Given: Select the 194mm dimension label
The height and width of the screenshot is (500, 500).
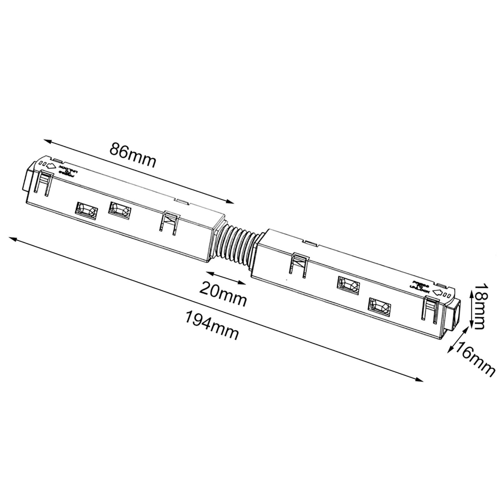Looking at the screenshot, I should tap(212, 325).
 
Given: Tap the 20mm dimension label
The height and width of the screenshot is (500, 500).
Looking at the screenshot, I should tap(223, 293).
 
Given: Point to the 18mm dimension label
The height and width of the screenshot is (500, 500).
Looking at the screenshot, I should tap(479, 306).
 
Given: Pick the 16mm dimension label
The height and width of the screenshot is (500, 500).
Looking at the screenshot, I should tap(475, 359).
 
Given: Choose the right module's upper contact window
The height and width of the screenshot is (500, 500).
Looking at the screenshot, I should tap(348, 285).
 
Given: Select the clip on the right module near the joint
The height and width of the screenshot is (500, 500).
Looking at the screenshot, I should tap(299, 264).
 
